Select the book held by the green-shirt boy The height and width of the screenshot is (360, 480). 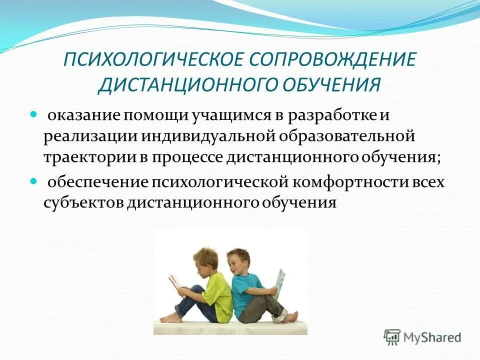175,282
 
